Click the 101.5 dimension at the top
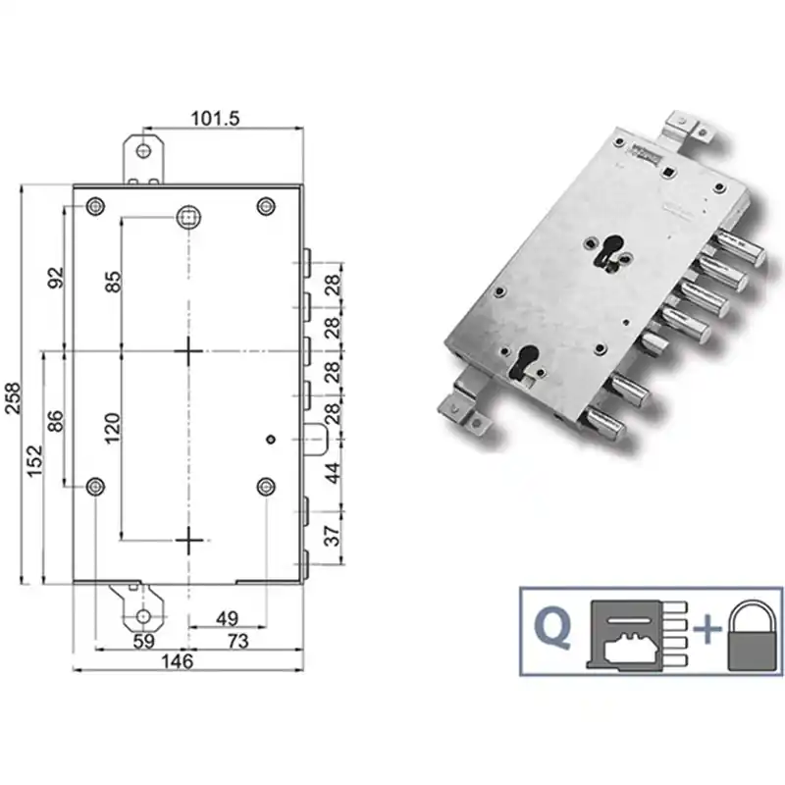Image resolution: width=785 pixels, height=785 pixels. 215,119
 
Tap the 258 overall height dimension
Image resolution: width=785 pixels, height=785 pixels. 13,398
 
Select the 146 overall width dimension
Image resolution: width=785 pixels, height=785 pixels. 178,661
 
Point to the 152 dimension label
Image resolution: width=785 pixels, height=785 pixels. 35,460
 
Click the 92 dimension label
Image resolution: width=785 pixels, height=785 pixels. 57,278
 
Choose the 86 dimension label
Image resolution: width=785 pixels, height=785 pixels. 56,421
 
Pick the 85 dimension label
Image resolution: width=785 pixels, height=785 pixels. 113,282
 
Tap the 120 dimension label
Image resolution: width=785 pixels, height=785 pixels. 113,428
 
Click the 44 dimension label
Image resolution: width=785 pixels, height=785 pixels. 333,473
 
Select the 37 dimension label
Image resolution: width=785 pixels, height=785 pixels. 333,535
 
